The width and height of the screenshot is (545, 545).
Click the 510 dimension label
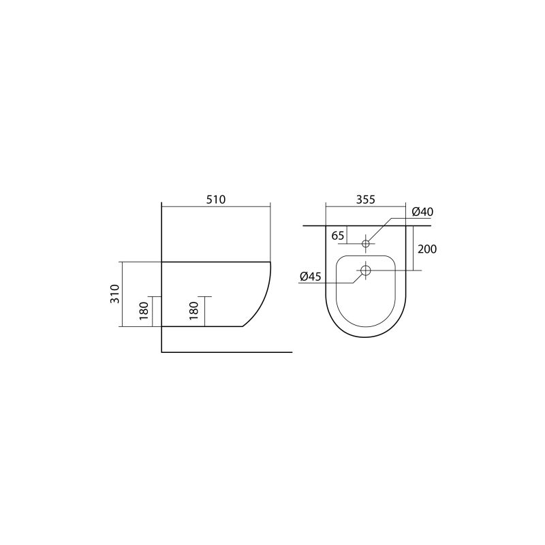point(216,200)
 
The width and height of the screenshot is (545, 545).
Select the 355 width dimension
point(366,200)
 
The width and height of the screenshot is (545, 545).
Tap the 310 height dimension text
point(115,294)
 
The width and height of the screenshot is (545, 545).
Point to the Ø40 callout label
point(422,212)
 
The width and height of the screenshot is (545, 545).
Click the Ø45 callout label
point(310,277)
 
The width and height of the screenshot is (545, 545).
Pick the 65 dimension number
point(338,236)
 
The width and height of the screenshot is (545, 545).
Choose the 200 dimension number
point(427,249)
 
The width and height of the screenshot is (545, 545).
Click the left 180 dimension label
point(144,311)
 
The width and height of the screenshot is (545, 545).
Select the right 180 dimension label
point(194,311)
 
